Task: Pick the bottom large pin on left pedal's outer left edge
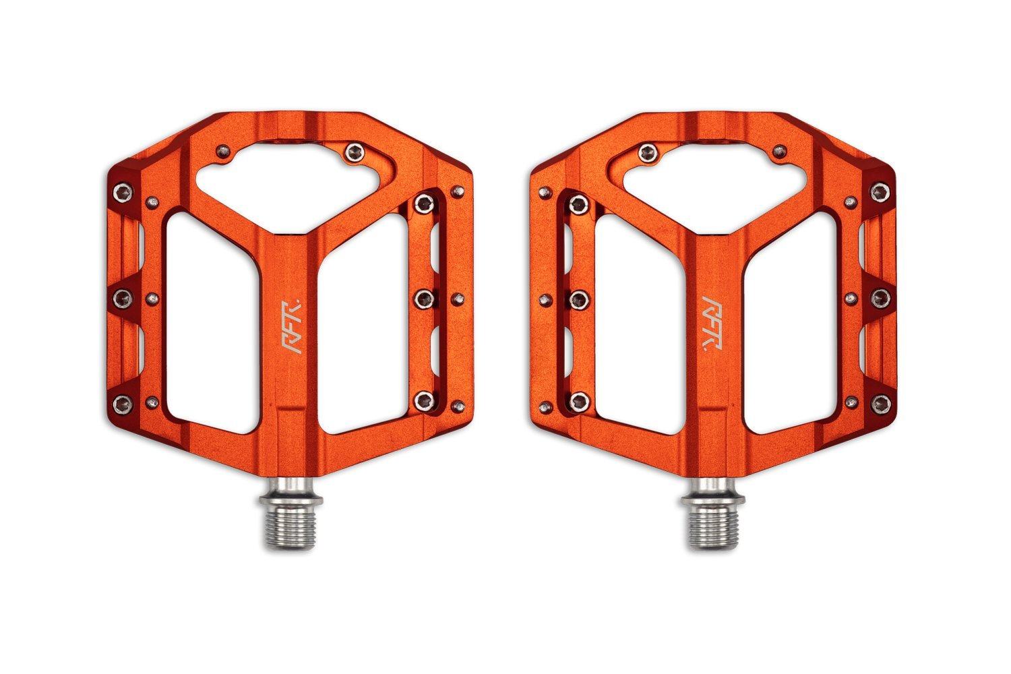point(122,403)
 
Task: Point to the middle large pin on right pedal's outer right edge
point(880,296)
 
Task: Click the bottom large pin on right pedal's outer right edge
point(880,403)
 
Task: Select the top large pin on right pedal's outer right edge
point(880,191)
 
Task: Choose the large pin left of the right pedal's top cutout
point(649,150)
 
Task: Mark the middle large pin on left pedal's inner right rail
point(425,296)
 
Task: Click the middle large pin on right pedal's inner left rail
point(577,296)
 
